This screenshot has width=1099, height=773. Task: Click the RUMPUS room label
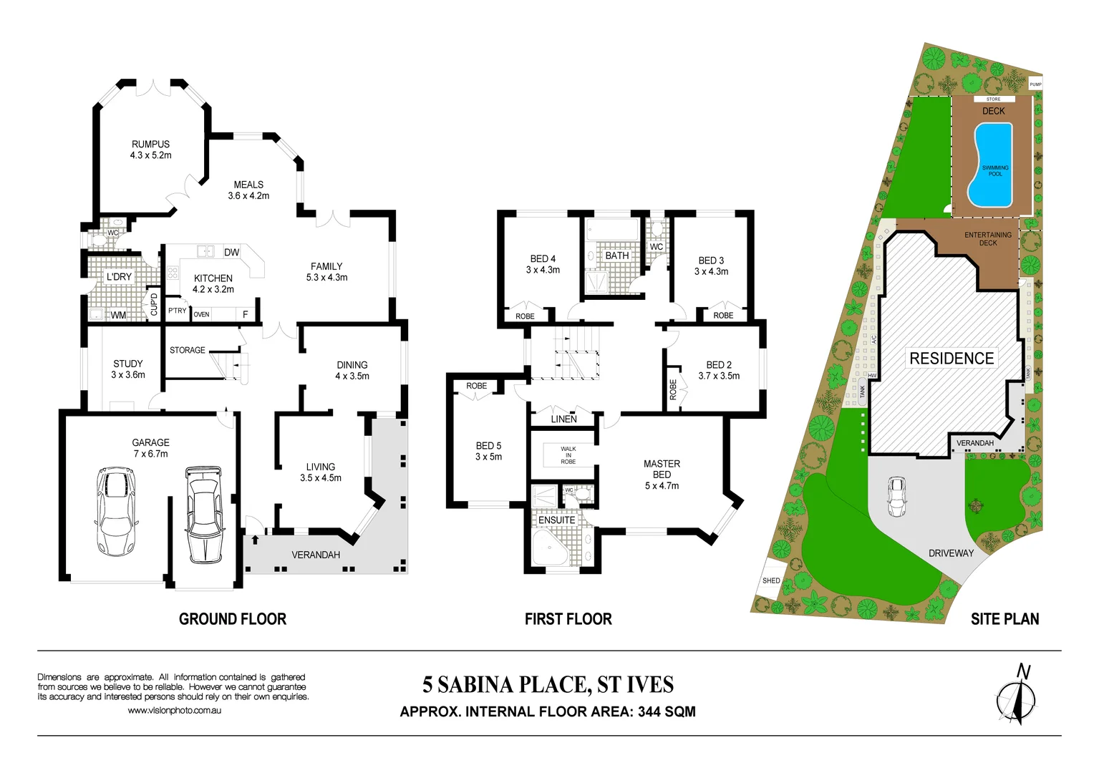(x=150, y=144)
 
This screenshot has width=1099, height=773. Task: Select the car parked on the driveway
(x=896, y=496)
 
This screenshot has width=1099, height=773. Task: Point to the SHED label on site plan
(x=771, y=580)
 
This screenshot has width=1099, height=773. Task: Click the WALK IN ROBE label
(x=568, y=455)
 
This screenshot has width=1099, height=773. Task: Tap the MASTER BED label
(x=662, y=469)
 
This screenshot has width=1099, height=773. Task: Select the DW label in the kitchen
(x=231, y=252)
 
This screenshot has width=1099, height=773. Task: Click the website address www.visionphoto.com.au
(x=174, y=711)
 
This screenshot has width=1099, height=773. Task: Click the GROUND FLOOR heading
(x=232, y=619)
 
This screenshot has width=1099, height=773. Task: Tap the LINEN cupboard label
(x=563, y=419)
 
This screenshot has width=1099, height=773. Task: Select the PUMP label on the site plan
(x=1035, y=84)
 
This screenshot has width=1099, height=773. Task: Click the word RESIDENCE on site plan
(x=952, y=359)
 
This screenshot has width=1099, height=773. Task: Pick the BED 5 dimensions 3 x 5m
(x=488, y=457)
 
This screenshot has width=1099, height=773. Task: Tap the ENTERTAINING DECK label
(x=988, y=238)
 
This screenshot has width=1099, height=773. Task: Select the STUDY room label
(x=127, y=364)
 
